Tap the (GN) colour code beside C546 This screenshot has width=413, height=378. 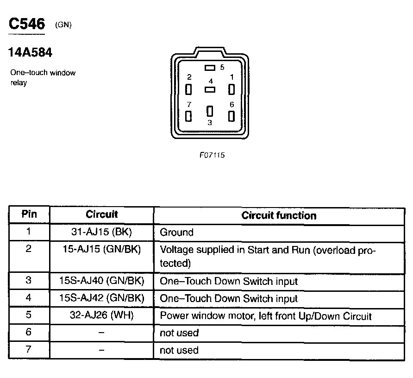[x=63, y=25]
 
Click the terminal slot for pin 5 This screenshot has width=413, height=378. [x=210, y=68]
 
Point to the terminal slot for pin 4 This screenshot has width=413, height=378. [x=210, y=88]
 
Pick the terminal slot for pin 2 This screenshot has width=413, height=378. [x=188, y=89]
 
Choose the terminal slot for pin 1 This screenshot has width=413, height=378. [x=231, y=89]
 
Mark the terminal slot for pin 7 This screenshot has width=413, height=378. [x=188, y=116]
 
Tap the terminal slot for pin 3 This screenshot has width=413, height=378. [x=210, y=111]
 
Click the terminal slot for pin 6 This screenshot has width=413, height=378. [x=231, y=116]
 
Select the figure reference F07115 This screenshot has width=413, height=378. [x=212, y=155]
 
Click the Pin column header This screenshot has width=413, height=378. [x=29, y=214]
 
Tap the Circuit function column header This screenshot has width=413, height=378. [x=279, y=215]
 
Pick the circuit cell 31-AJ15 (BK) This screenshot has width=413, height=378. [x=102, y=232]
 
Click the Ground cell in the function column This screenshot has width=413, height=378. [x=176, y=232]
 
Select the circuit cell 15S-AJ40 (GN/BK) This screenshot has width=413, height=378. [x=102, y=281]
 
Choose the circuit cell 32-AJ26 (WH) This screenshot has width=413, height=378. [x=102, y=315]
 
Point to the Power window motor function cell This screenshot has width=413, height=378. [x=265, y=316]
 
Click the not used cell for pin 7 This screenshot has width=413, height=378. [x=179, y=350]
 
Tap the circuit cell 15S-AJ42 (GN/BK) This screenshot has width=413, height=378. [x=102, y=298]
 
